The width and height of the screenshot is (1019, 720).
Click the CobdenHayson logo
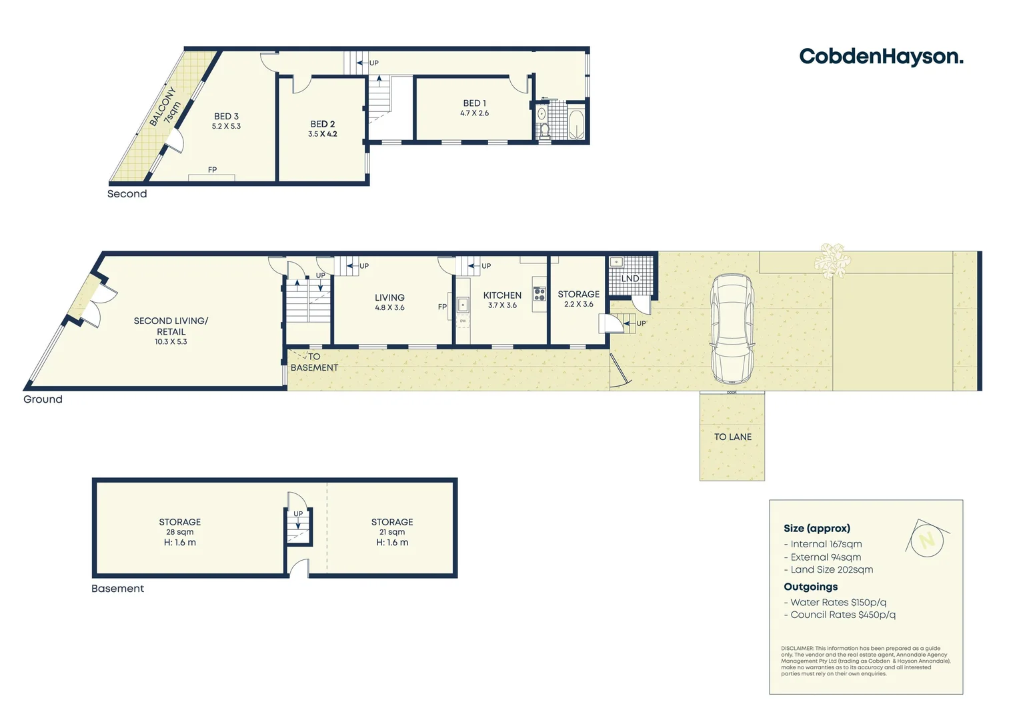point(881,57)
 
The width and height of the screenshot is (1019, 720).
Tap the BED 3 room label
point(226,116)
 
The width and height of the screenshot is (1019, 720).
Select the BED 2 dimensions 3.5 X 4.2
point(322,134)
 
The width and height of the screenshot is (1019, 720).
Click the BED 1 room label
point(474,103)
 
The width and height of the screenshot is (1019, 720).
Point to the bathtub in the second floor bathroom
point(576,125)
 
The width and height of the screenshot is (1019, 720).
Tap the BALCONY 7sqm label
point(164,107)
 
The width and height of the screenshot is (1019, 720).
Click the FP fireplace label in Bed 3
point(212,170)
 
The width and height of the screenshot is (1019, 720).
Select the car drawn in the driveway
point(732,329)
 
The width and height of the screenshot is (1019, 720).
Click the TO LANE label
point(732,437)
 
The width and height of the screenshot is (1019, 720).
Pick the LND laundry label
point(630,279)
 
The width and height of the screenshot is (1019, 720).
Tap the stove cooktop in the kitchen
point(539,294)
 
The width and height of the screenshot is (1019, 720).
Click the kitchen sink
point(463,305)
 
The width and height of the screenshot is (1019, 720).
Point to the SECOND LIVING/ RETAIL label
point(171,326)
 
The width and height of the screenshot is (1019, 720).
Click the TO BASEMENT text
point(314,362)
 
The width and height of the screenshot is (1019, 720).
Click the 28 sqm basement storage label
point(179,532)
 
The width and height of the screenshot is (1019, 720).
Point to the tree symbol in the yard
point(832,260)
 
